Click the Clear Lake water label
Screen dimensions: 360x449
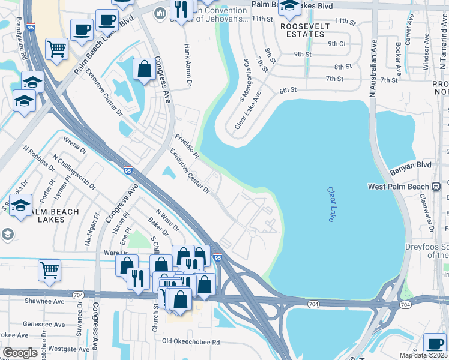point(331,205)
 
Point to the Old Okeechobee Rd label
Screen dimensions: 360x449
point(191,342)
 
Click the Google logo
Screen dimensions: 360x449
point(20,352)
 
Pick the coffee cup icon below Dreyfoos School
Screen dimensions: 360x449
point(435,344)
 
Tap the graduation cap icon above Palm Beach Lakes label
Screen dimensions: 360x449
point(21,206)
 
